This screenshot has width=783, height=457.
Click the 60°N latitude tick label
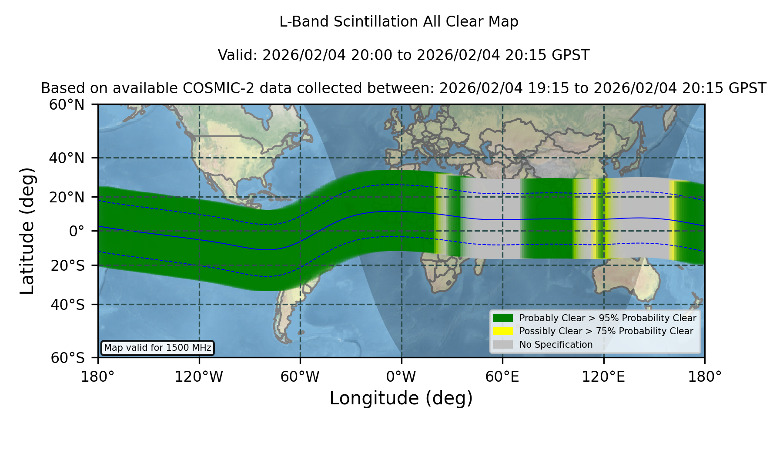(x=67, y=105)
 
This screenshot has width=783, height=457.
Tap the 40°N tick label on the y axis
(x=67, y=158)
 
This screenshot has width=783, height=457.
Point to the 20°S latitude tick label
(x=67, y=265)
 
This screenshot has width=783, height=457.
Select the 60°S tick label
(x=67, y=358)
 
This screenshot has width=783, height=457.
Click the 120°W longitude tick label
(x=199, y=376)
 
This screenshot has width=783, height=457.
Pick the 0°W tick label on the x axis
(x=401, y=376)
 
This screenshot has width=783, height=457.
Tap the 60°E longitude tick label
(x=502, y=376)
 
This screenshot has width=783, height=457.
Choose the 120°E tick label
(x=603, y=376)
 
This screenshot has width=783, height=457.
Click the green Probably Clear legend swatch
(x=503, y=318)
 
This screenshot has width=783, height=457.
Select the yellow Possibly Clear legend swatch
(x=503, y=331)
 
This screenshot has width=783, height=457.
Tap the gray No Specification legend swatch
(x=503, y=345)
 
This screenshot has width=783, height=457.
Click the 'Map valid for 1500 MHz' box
(x=157, y=348)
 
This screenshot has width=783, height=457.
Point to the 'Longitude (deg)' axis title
(x=401, y=398)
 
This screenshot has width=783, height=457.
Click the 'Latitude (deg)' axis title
(x=27, y=231)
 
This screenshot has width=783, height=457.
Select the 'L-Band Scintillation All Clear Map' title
(x=399, y=22)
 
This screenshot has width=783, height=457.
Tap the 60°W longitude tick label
(x=300, y=376)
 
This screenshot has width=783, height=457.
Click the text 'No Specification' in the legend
(x=556, y=345)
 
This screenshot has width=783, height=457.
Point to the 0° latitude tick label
(x=77, y=231)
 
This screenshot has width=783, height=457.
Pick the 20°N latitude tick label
(x=67, y=197)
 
